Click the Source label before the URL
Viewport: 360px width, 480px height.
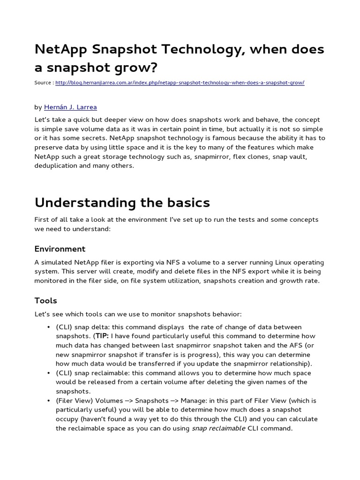44,83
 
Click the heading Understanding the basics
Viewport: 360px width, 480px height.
122,203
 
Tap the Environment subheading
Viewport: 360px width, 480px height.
60,249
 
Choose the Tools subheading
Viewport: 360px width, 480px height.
46,300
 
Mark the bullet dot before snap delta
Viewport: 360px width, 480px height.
49,327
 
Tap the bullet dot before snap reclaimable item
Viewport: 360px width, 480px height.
49,373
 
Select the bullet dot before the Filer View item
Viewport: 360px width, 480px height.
49,401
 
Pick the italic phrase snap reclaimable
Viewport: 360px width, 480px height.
218,428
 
